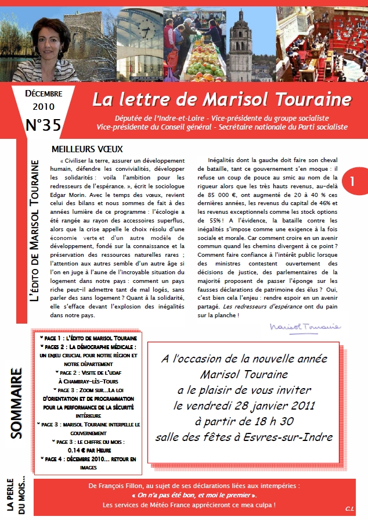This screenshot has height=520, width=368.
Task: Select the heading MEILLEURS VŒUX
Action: [87, 149]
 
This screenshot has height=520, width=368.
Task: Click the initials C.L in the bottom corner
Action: [349, 509]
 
